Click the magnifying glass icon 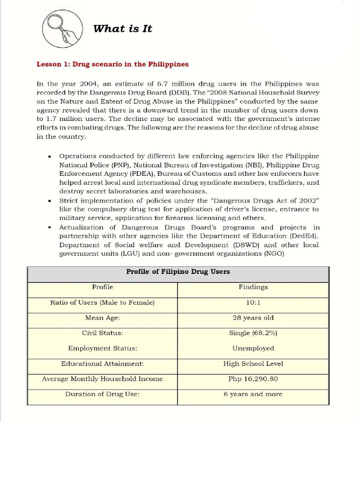pos(62,29)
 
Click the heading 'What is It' pos(122,29)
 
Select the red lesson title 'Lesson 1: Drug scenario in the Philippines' pos(112,64)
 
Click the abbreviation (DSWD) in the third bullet pos(245,245)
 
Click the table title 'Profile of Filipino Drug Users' pos(178,272)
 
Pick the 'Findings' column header pos(253,287)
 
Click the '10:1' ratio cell pos(253,303)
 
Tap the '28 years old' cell pos(253,318)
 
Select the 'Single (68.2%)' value pos(253,333)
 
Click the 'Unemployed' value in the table pos(253,348)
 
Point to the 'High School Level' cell pos(253,364)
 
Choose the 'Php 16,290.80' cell pos(253,379)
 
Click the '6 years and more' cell pos(253,394)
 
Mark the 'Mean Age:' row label pos(102,318)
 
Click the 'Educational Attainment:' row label pos(102,364)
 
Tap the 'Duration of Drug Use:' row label pos(102,394)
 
